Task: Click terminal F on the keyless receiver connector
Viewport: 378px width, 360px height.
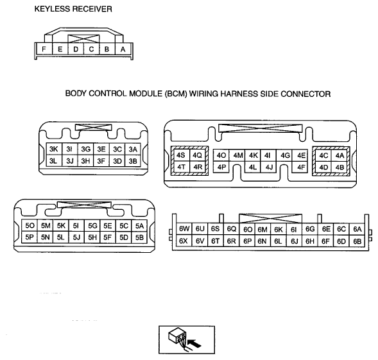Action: (x=44, y=49)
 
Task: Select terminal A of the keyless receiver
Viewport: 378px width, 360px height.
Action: (x=123, y=49)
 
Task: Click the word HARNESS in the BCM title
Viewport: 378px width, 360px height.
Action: (x=239, y=94)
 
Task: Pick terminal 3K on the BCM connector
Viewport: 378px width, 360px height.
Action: (x=54, y=149)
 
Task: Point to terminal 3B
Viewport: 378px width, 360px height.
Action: (x=133, y=161)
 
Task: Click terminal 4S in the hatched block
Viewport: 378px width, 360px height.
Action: (x=180, y=155)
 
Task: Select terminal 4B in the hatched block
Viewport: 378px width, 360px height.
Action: (x=339, y=167)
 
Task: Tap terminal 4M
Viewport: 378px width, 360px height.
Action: (x=238, y=155)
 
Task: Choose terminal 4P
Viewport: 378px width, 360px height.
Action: (x=221, y=167)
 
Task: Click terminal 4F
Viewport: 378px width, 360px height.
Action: (x=301, y=167)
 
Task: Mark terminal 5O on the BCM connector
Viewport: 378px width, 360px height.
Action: (x=30, y=226)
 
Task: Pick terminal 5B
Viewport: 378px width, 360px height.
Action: (x=139, y=237)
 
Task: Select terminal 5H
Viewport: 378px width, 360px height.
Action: (x=92, y=237)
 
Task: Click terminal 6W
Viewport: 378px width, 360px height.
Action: (x=184, y=228)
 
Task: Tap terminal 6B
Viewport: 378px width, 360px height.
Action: (x=357, y=241)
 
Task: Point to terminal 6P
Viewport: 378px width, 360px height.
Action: (x=247, y=241)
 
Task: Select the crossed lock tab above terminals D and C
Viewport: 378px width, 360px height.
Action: (x=83, y=39)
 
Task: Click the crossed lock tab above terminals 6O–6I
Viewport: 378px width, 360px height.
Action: (x=270, y=218)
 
